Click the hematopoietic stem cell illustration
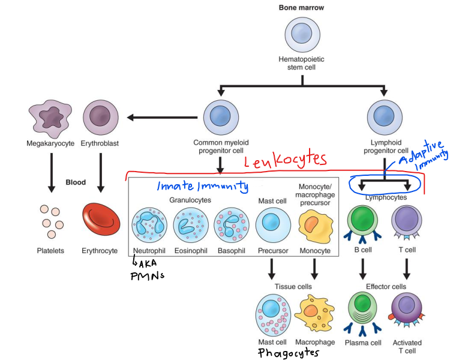tap(301, 34)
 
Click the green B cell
tap(365, 221)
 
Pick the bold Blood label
tap(76, 182)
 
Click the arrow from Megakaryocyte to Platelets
tap(52, 173)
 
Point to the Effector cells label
tap(385, 287)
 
